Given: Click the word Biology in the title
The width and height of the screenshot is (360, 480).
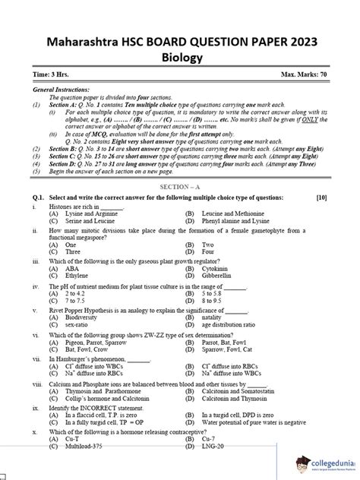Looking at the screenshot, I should click(x=180, y=57).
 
